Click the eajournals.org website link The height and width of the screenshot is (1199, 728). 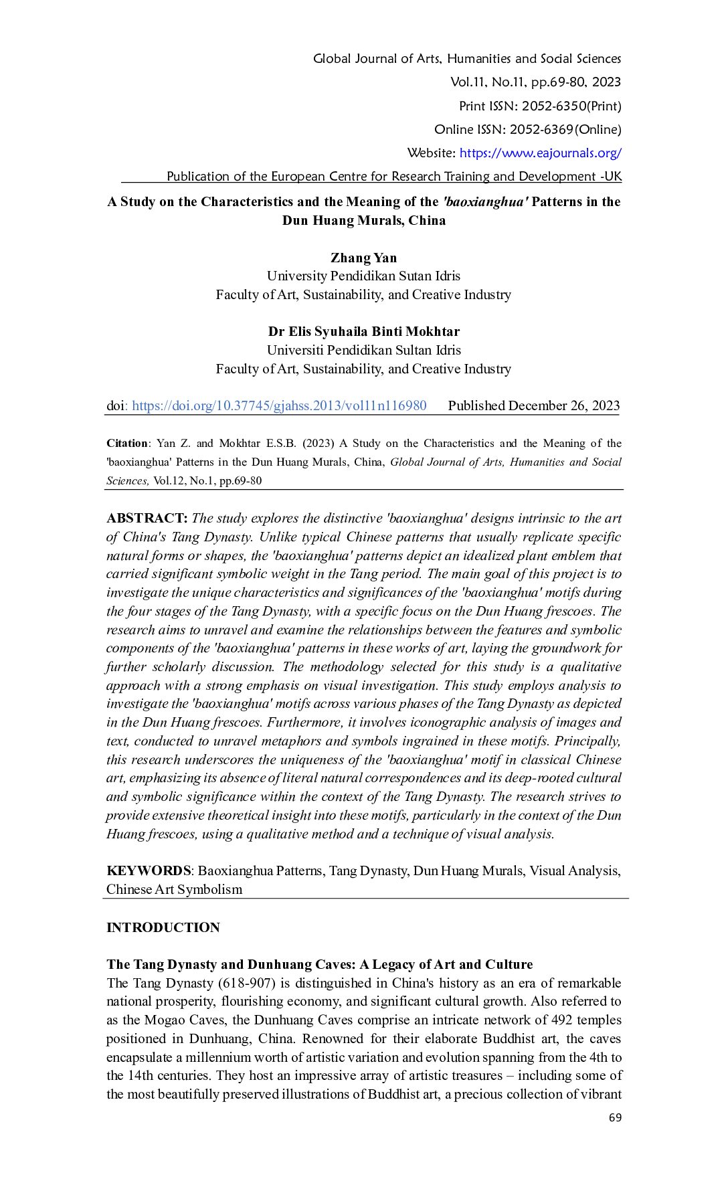[x=540, y=153]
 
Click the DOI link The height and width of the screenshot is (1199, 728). [x=279, y=405]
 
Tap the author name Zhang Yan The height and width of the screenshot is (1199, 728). [x=363, y=258]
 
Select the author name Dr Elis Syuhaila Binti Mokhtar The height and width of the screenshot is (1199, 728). [x=363, y=331]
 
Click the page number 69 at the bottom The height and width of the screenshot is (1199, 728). [x=615, y=1117]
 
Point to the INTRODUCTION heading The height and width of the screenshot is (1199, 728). [x=163, y=927]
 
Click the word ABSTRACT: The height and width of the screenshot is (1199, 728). [x=147, y=518]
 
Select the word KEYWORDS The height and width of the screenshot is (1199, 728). [x=149, y=870]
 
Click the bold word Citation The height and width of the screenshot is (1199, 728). [x=127, y=443]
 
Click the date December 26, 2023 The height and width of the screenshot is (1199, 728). [x=564, y=405]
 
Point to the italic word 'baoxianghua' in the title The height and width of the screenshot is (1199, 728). [x=485, y=202]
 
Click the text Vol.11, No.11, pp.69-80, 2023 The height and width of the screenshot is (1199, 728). [x=535, y=82]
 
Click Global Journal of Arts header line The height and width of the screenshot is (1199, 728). [x=466, y=58]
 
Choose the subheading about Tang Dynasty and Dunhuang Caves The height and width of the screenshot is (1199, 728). [x=319, y=964]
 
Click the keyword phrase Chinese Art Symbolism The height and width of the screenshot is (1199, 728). [x=174, y=889]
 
